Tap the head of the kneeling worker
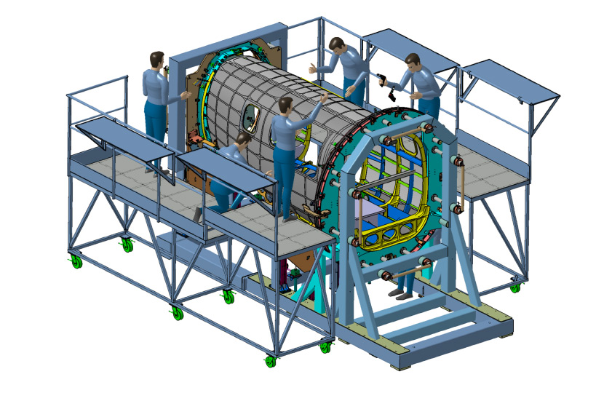click(242, 140)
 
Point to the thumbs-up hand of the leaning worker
click(313, 69)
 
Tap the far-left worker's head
click(157, 60)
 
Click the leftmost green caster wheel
click(76, 261)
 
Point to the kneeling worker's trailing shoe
click(197, 214)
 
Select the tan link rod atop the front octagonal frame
click(408, 133)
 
